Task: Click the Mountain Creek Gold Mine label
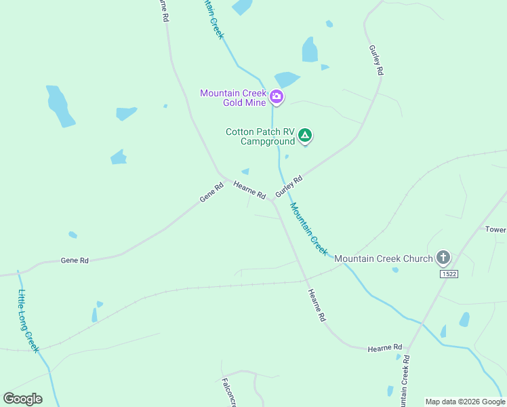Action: (x=234, y=98)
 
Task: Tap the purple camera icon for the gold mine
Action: (x=277, y=97)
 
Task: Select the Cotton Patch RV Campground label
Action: (x=261, y=136)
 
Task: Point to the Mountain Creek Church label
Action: (x=383, y=258)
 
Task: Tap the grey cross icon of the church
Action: (x=443, y=258)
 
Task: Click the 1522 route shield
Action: (x=449, y=274)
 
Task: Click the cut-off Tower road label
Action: (x=495, y=229)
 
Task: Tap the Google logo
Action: (x=23, y=398)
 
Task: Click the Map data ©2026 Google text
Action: (x=465, y=402)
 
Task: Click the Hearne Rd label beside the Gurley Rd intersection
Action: (x=249, y=189)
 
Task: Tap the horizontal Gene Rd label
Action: (x=75, y=260)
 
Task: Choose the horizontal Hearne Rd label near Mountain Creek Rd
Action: (x=385, y=348)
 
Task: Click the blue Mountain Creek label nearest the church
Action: (x=309, y=228)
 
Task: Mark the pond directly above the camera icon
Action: (x=286, y=79)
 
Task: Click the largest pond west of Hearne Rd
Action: (x=60, y=105)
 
